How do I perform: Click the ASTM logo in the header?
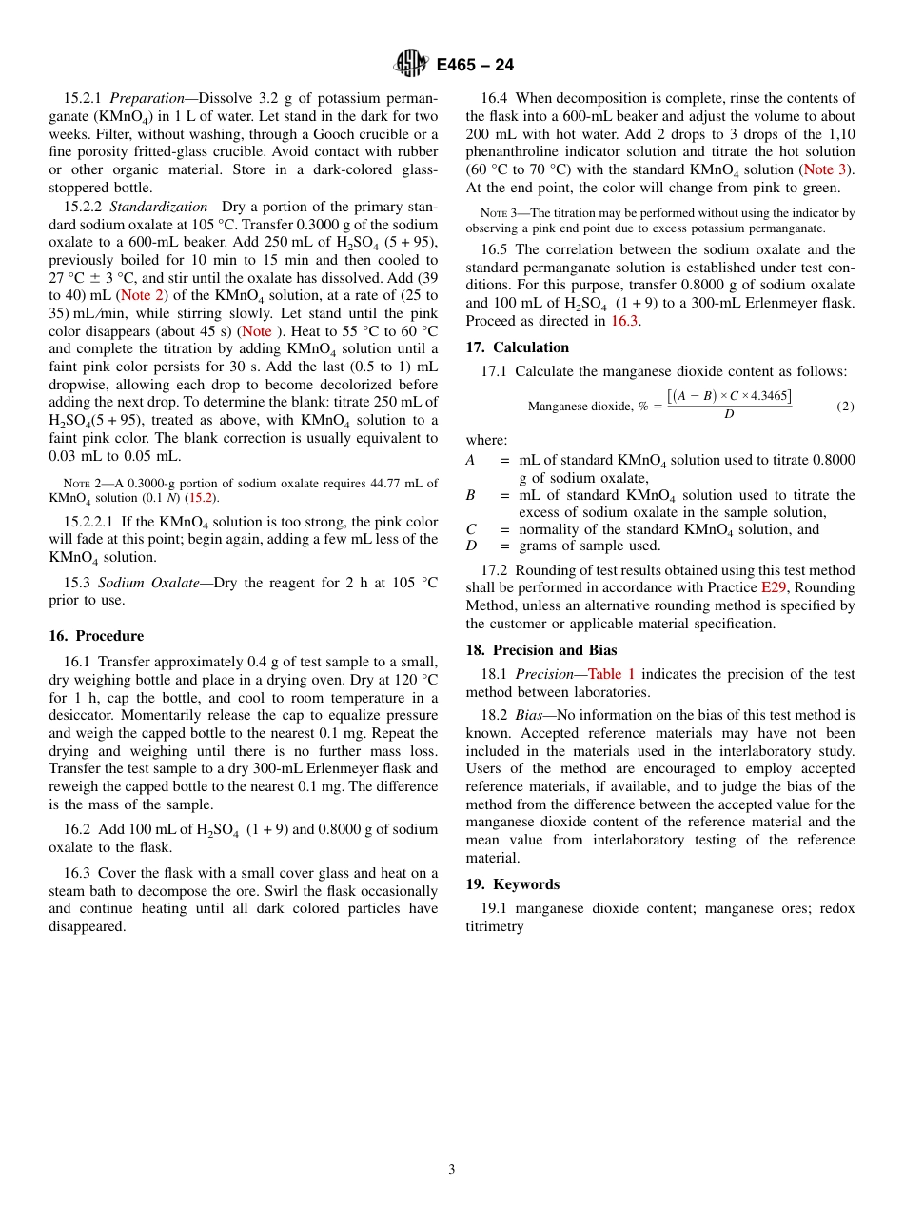coord(412,64)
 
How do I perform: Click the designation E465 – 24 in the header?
coord(475,65)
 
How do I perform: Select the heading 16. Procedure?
coord(96,636)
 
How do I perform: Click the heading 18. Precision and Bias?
coord(540,650)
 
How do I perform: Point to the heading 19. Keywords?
coord(512,884)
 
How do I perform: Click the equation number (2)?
coord(845,407)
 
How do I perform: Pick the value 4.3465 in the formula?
coord(769,396)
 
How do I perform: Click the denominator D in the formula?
coord(729,415)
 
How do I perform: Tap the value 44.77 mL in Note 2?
coord(396,484)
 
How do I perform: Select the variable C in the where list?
coord(471,529)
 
